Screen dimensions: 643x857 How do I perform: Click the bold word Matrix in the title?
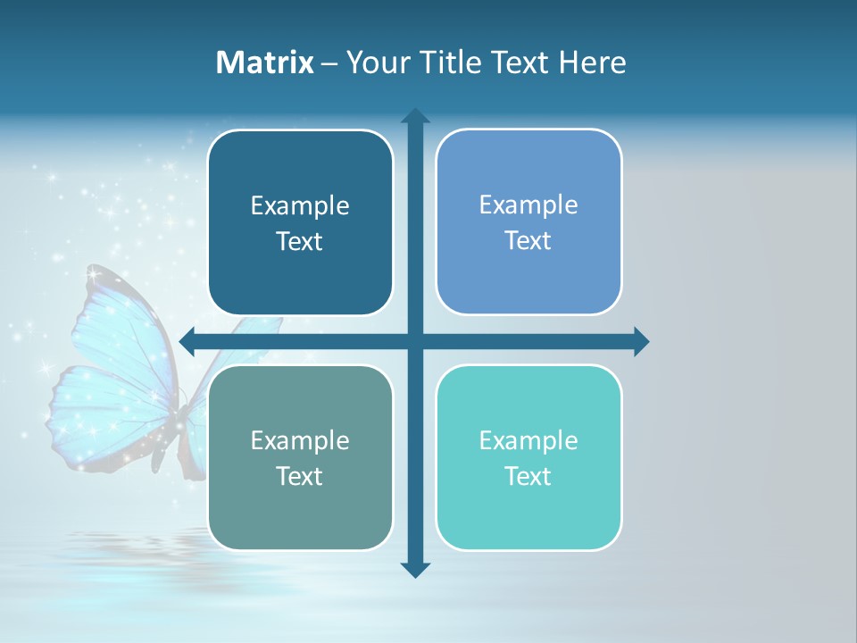(x=265, y=63)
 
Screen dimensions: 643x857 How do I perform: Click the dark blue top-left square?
(x=300, y=222)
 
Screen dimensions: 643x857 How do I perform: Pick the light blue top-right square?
(x=528, y=221)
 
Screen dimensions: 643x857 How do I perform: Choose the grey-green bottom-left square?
(x=300, y=457)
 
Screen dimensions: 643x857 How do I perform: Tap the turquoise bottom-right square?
(x=528, y=457)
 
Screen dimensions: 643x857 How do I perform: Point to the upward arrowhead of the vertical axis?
(x=415, y=116)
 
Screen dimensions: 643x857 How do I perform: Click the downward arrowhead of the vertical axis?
(x=415, y=569)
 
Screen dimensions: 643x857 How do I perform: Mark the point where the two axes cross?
(x=415, y=341)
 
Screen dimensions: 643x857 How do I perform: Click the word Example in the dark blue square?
(x=300, y=206)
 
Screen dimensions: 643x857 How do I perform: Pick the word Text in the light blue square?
(x=528, y=240)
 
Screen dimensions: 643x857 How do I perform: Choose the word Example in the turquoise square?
(x=528, y=441)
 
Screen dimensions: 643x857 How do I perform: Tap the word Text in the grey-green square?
(x=299, y=476)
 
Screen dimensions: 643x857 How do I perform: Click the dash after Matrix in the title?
(x=329, y=63)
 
